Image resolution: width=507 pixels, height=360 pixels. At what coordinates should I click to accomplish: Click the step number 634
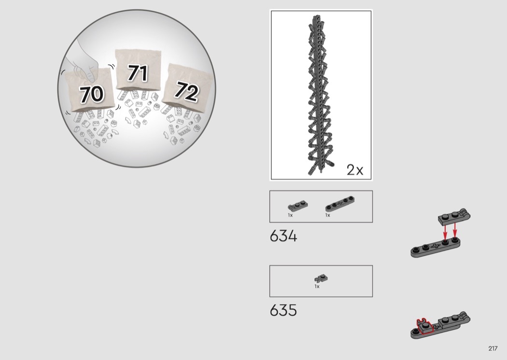pos(283,236)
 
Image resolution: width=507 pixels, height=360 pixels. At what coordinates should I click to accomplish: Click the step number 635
pos(283,310)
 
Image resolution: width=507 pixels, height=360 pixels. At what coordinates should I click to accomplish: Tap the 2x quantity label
pos(355,170)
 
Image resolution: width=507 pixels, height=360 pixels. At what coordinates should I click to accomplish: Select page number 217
pos(493,348)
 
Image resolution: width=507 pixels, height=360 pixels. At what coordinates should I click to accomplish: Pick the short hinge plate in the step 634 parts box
pos(298,206)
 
